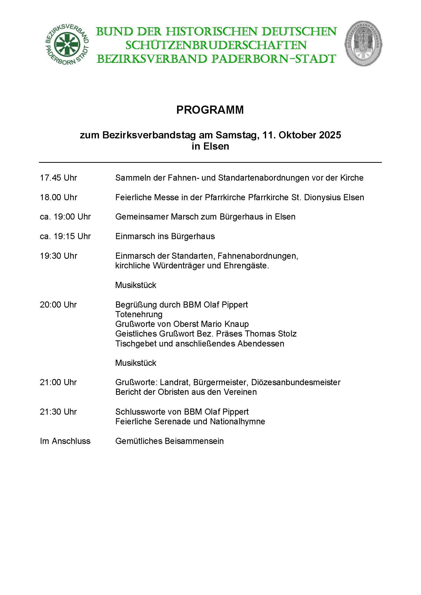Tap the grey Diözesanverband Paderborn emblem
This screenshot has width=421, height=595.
point(363,43)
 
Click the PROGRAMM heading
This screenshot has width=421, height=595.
point(210,110)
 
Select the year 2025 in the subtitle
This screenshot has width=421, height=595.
point(330,135)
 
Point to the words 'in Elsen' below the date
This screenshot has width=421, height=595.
point(210,147)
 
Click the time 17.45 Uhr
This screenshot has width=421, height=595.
point(59,178)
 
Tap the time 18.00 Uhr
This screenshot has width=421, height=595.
point(59,197)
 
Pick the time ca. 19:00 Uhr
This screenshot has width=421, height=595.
point(65,217)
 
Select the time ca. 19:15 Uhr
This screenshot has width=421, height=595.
point(65,236)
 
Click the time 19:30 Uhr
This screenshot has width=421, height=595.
point(59,256)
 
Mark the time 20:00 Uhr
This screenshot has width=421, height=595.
point(58,305)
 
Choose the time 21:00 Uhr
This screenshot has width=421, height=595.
point(58,382)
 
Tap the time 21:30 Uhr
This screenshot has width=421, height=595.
point(58,412)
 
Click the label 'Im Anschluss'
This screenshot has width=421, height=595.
point(65,441)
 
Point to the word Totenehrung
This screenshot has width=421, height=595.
point(139,314)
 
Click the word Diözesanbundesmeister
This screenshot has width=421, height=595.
point(296,382)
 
